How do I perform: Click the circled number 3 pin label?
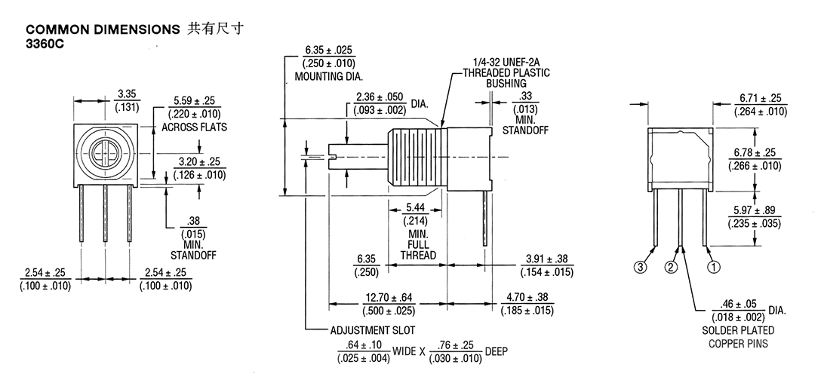[641, 267]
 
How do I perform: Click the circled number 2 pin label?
[672, 267]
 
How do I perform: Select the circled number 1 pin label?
[714, 267]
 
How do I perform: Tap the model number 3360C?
[45, 44]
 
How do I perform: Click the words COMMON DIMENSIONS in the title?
[103, 30]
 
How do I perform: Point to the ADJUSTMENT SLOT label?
[372, 330]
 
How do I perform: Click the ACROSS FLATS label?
[194, 127]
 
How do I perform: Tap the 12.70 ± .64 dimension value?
[389, 298]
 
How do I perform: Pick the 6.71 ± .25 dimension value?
[761, 98]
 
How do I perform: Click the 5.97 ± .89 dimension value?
[755, 210]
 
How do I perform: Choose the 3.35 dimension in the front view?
[127, 94]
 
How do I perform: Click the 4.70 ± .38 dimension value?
[527, 298]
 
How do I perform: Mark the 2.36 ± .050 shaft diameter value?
[380, 97]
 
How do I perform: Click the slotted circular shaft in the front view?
[105, 152]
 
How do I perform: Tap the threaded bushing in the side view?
[417, 158]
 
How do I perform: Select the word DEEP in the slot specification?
[497, 351]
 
